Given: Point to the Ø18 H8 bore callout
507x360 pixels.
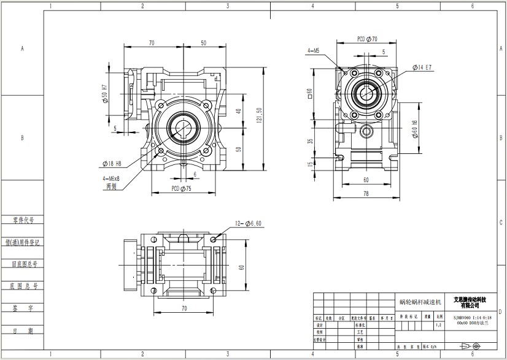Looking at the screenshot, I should [111, 163].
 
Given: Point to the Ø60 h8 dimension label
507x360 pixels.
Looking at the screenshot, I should [415, 131].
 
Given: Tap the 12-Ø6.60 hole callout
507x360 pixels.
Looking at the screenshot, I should [249, 223].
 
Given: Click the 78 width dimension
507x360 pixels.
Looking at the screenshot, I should [366, 194].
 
